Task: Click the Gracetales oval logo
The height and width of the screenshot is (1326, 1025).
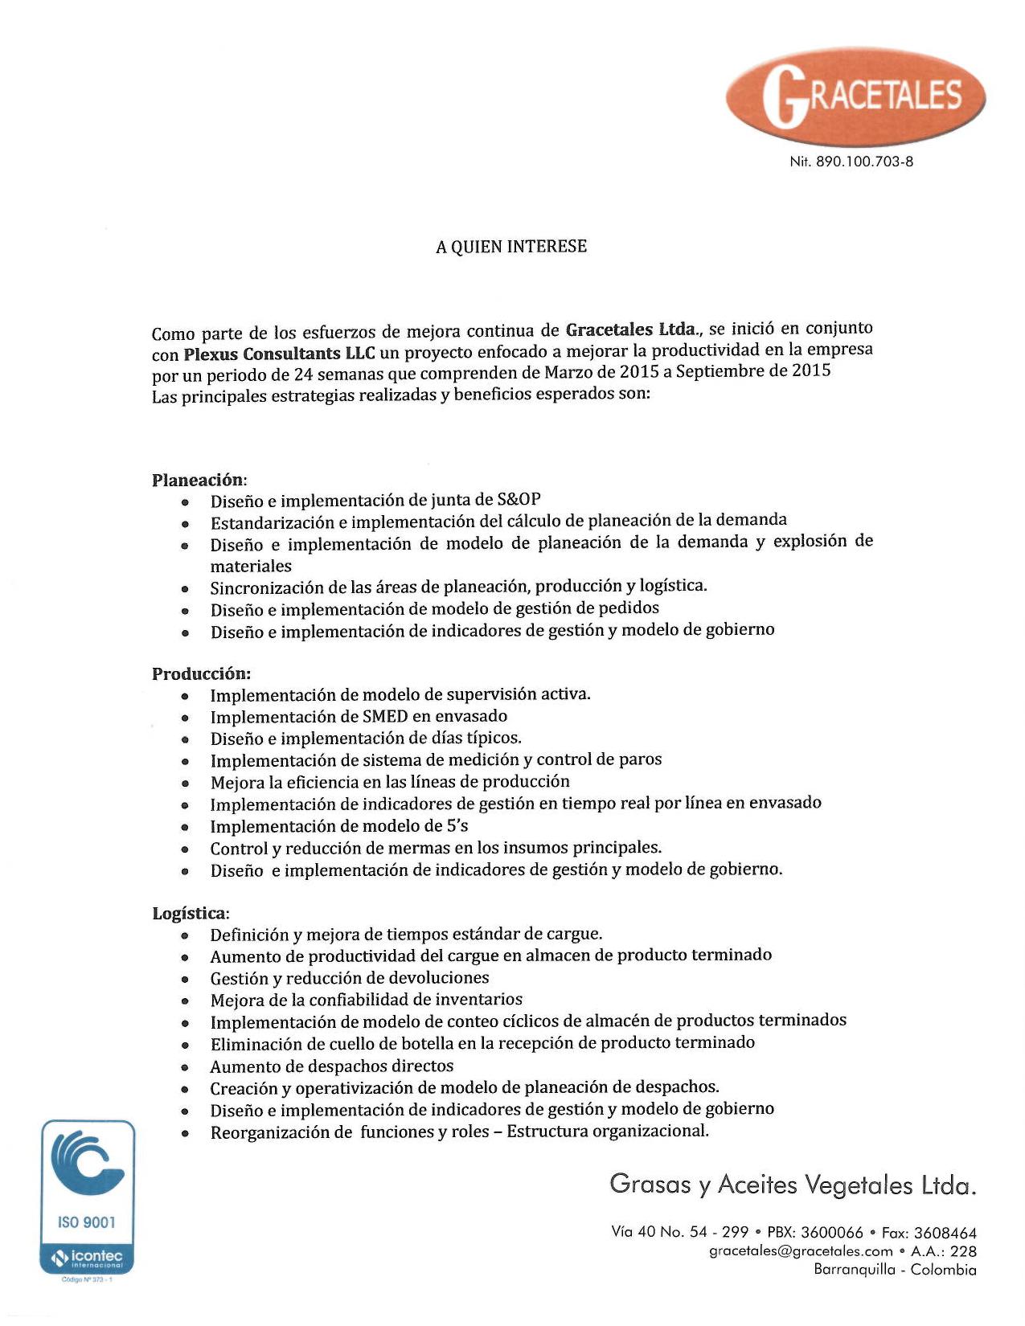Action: pyautogui.click(x=855, y=96)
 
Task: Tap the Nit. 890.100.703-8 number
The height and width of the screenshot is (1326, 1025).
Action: pyautogui.click(x=851, y=162)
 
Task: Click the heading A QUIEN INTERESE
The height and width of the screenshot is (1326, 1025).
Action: pyautogui.click(x=511, y=247)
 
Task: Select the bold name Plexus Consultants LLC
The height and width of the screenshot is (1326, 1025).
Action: pyautogui.click(x=279, y=354)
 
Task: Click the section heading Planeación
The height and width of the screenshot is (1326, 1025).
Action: pyautogui.click(x=199, y=480)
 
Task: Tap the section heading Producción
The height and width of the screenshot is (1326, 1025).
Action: pyautogui.click(x=201, y=673)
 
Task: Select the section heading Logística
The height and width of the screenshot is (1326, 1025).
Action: pyautogui.click(x=191, y=913)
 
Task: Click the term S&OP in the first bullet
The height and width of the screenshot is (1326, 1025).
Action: pyautogui.click(x=519, y=499)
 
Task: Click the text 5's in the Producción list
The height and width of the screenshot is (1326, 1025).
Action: pyautogui.click(x=457, y=826)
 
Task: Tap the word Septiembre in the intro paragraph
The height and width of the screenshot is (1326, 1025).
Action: pyautogui.click(x=717, y=371)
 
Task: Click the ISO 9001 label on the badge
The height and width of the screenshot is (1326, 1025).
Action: pyautogui.click(x=87, y=1222)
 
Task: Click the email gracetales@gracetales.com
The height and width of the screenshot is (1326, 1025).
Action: pyautogui.click(x=801, y=1251)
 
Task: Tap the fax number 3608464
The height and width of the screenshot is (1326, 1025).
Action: pyautogui.click(x=945, y=1233)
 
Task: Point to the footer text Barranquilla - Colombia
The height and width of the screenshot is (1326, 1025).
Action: pyautogui.click(x=895, y=1270)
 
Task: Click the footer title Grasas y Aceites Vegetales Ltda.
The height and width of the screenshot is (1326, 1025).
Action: pyautogui.click(x=793, y=1185)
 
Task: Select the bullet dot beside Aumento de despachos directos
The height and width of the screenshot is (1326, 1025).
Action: pyautogui.click(x=185, y=1068)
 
